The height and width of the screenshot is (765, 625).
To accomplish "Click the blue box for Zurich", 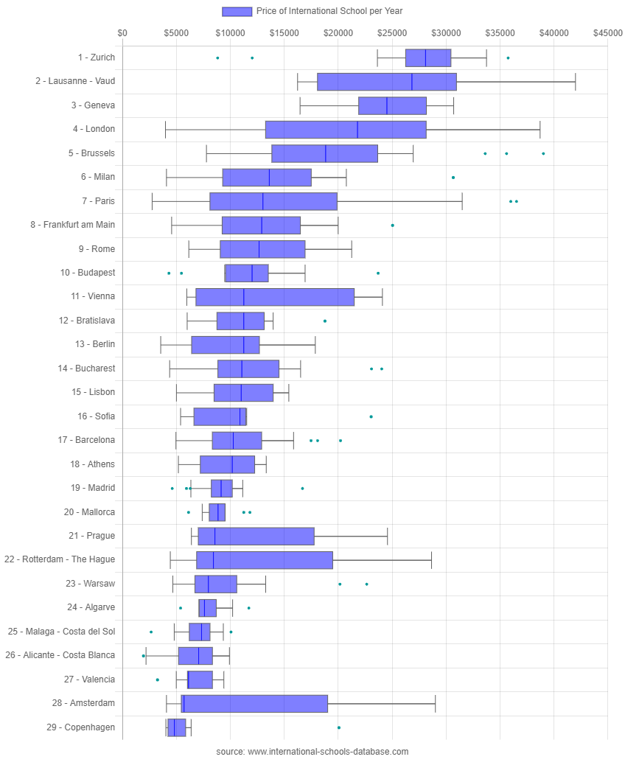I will tap(428, 57).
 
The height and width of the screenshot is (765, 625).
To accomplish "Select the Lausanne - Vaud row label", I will tap(75, 81).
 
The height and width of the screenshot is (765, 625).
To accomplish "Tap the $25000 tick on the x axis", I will tap(391, 33).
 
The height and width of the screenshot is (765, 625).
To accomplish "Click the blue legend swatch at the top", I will tap(237, 11).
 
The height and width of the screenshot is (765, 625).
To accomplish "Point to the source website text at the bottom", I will tap(312, 752).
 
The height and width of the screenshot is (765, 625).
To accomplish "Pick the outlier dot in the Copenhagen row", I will tap(339, 727).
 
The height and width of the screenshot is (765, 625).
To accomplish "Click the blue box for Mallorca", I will tap(217, 512).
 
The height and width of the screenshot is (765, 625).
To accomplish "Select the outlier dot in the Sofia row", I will tap(371, 416).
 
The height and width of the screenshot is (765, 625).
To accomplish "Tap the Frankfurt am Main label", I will tap(73, 225).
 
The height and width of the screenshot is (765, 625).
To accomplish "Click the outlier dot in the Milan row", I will tap(453, 178).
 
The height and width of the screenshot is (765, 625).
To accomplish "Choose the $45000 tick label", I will tap(607, 33).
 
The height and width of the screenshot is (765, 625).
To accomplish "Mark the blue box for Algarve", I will tap(208, 608).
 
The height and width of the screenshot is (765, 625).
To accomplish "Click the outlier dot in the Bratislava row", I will tap(325, 321).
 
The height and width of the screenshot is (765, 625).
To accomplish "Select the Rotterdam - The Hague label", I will tap(60, 559).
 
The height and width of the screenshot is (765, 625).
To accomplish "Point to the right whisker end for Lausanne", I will tap(576, 81).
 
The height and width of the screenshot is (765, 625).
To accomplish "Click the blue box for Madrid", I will tap(222, 488).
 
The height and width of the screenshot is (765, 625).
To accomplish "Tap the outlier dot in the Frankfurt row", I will tap(392, 225).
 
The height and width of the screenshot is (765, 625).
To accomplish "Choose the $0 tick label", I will tap(122, 33).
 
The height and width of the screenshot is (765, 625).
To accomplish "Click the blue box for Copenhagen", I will tap(177, 727).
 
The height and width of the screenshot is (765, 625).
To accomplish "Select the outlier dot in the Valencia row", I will tap(157, 680).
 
